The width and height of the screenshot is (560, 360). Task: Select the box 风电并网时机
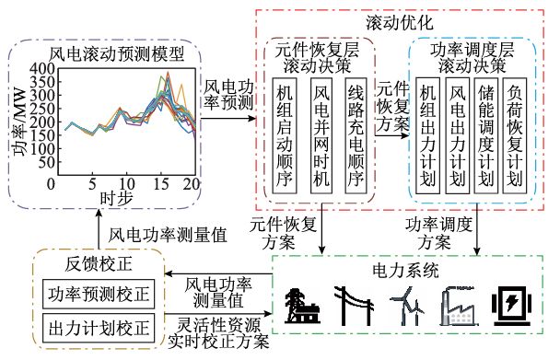click(x=321, y=134)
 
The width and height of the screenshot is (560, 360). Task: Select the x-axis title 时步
click(x=110, y=198)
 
